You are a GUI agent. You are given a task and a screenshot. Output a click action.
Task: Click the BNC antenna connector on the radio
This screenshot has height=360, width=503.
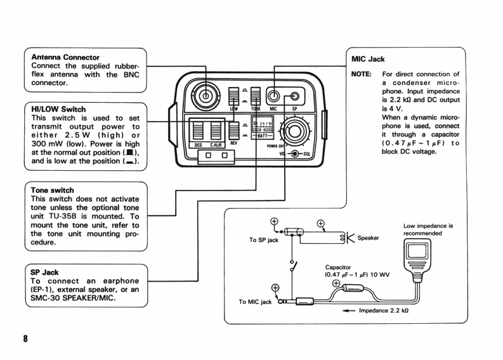coord(206,96)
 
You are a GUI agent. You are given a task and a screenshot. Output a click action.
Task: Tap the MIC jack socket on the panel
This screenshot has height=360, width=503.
coord(273,96)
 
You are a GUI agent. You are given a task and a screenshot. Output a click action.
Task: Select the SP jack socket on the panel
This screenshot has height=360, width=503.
coord(294,96)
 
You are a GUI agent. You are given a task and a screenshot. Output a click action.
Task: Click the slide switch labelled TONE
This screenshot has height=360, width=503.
coord(256,97)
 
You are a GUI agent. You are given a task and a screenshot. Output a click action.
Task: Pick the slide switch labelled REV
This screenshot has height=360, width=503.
coord(234,130)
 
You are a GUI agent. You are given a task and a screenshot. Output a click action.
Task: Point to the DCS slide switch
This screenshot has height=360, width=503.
coord(198,131)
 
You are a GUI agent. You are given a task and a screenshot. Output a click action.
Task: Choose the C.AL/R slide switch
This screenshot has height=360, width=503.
coord(216,131)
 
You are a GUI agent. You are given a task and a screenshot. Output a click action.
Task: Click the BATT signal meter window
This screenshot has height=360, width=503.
coord(263,128)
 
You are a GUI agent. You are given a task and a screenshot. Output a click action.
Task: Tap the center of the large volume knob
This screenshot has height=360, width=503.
coord(294,131)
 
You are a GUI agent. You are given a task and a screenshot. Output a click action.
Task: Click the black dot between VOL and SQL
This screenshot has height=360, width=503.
coord(294,154)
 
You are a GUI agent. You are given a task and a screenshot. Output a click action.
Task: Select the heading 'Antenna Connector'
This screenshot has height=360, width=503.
coord(65,57)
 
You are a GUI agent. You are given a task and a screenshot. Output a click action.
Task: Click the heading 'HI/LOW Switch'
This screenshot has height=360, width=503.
coord(58,109)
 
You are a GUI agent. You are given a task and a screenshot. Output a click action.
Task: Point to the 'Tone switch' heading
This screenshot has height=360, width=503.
coord(52,190)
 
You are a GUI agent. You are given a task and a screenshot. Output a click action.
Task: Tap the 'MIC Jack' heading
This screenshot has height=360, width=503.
coord(368,59)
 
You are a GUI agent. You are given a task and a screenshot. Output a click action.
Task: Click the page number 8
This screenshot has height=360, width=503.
coord(25,338)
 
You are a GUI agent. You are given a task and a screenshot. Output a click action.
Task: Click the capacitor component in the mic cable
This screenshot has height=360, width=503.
coord(353,288)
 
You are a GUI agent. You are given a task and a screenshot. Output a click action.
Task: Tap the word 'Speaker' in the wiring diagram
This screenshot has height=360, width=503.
coord(368,238)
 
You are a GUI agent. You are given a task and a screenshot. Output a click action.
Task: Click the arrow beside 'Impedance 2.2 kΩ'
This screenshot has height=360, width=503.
coord(349,310)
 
